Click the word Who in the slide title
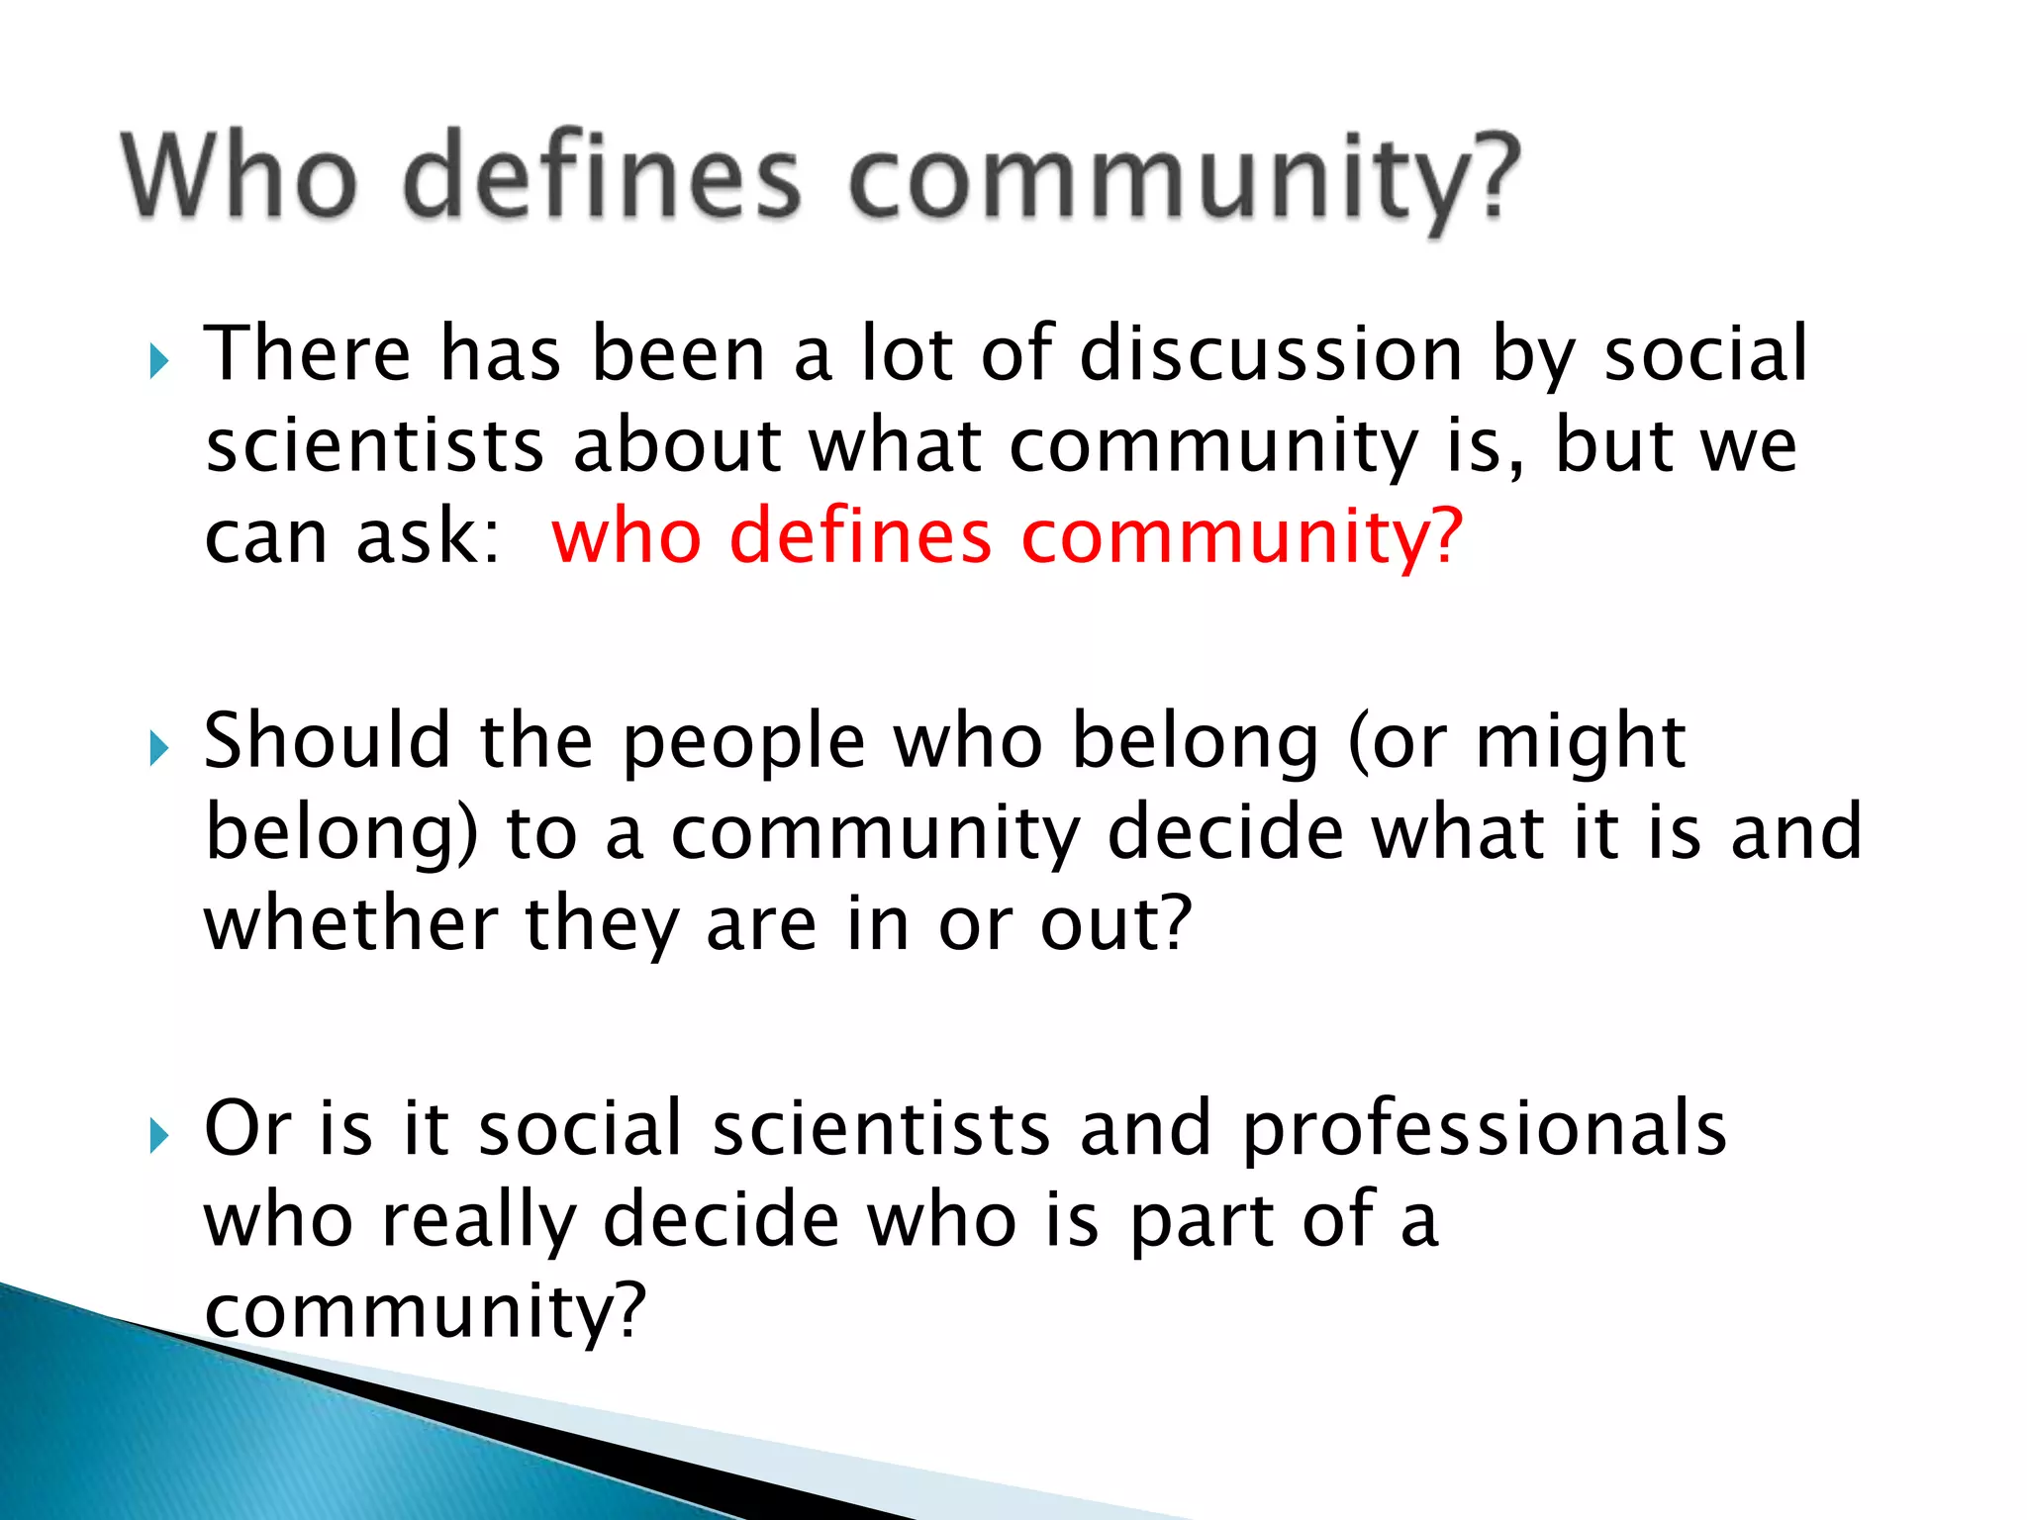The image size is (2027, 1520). (x=239, y=176)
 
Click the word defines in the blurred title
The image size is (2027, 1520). (x=602, y=176)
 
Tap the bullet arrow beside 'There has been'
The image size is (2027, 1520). (x=159, y=361)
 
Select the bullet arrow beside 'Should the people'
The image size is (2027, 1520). (x=159, y=748)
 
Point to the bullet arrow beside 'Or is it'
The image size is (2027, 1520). (x=159, y=1136)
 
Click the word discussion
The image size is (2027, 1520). (x=1271, y=353)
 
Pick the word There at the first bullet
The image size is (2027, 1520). (x=307, y=353)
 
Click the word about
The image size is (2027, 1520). (x=678, y=445)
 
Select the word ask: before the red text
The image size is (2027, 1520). (x=429, y=536)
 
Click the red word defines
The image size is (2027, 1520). (x=860, y=536)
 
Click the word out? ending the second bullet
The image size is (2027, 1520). (x=1116, y=924)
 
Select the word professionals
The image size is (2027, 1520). (x=1484, y=1130)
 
